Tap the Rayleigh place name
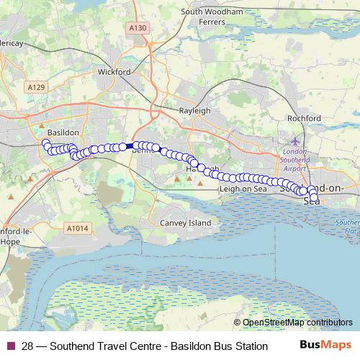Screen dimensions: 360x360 [x=194, y=111]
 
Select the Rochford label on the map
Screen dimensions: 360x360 [x=303, y=117]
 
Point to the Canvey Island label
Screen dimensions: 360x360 [x=186, y=223]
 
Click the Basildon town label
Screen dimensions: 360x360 [x=61, y=133]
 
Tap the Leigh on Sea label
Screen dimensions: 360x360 [x=243, y=189]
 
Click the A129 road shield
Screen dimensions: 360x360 [x=37, y=87]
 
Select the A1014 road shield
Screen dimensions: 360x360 [x=77, y=228]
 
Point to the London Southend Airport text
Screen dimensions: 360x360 [x=295, y=160]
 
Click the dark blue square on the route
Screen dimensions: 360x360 [x=130, y=146]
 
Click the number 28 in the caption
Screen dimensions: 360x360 [x=27, y=346]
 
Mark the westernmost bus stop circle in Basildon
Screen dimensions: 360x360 [x=45, y=144]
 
